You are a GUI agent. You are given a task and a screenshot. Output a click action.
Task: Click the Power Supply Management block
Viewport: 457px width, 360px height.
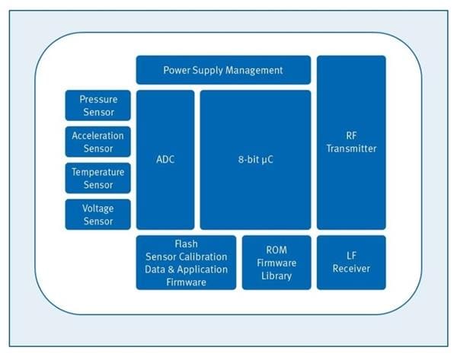click(x=223, y=70)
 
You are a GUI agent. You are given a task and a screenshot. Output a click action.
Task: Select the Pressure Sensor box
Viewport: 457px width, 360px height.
click(x=97, y=106)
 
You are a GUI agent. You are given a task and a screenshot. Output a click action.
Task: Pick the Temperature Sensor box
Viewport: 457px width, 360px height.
click(x=97, y=178)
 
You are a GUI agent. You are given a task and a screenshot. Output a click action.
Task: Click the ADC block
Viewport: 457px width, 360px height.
click(x=165, y=160)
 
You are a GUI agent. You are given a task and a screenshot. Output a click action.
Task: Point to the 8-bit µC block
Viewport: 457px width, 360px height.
click(x=255, y=160)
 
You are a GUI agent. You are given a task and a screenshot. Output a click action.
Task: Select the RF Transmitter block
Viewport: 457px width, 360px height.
click(x=351, y=142)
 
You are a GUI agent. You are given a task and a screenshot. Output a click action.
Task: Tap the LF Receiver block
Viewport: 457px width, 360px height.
click(x=351, y=262)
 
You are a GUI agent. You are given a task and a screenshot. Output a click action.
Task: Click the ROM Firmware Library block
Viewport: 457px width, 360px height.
click(x=276, y=262)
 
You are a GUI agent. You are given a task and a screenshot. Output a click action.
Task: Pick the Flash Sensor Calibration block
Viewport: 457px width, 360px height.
click(x=186, y=262)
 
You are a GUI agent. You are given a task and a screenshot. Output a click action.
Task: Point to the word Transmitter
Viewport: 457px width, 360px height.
click(x=351, y=148)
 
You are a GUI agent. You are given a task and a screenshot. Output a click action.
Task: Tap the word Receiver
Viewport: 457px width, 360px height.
click(x=351, y=269)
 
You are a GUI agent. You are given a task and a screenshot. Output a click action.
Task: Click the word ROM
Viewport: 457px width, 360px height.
click(x=276, y=250)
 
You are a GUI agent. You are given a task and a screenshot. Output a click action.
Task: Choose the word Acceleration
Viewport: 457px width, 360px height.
click(x=97, y=135)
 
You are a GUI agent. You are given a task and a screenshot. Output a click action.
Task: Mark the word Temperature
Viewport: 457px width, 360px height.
click(x=97, y=172)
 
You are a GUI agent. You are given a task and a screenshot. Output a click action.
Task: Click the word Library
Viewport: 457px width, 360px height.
click(x=276, y=276)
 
